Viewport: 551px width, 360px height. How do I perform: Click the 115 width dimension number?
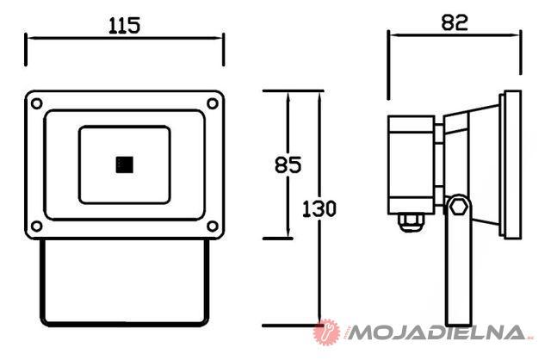pyautogui.click(x=124, y=25)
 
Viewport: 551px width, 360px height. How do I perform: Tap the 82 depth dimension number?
pyautogui.click(x=455, y=22)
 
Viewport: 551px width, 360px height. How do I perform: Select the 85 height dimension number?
pyautogui.click(x=288, y=164)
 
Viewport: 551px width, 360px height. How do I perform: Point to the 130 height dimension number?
pyautogui.click(x=319, y=208)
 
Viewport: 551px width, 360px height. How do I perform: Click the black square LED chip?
pyautogui.click(x=124, y=164)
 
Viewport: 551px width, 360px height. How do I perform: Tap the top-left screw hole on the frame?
pyautogui.click(x=36, y=103)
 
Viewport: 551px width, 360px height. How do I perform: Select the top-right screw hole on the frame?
pyautogui.click(x=213, y=103)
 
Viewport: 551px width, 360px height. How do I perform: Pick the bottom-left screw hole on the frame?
pyautogui.click(x=36, y=226)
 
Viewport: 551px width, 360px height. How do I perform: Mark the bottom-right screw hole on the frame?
pyautogui.click(x=213, y=226)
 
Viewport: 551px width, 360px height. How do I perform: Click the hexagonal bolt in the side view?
pyautogui.click(x=459, y=207)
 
